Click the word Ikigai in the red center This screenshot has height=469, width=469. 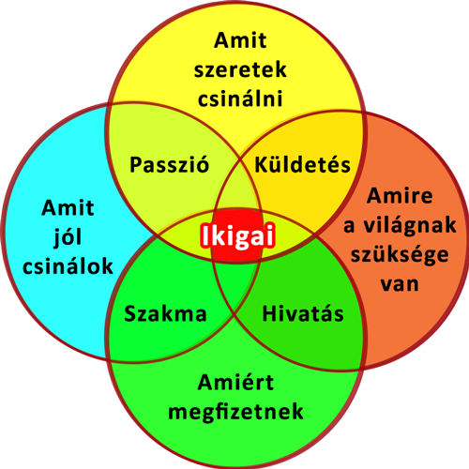[x=238, y=236]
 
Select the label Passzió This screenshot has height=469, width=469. [x=169, y=164]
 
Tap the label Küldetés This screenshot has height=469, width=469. [x=302, y=164]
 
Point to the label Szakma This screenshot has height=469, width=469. [x=165, y=313]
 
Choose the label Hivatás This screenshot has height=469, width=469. [x=303, y=313]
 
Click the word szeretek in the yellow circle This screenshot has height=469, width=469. [x=240, y=69]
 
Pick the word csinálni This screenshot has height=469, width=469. [x=240, y=98]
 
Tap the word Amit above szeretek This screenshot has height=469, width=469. [x=240, y=40]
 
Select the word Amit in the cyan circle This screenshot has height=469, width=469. [x=68, y=207]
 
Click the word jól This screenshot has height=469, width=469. [x=68, y=237]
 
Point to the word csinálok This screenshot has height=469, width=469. [x=68, y=266]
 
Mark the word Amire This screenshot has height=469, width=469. [x=400, y=196]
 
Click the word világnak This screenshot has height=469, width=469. [x=410, y=225]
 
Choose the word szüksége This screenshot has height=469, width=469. [x=400, y=255]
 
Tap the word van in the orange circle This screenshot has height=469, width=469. [x=400, y=284]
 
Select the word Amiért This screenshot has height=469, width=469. [x=235, y=382]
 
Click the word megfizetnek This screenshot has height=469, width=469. [x=235, y=412]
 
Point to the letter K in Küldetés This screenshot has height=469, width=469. [x=262, y=165]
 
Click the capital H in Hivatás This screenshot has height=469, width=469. [x=270, y=313]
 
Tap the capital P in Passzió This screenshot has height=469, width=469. [x=137, y=164]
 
